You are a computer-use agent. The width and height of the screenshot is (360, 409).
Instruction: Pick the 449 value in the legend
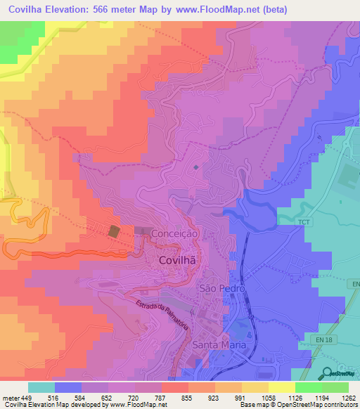(27, 398)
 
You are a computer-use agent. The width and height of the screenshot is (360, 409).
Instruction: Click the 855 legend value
(187, 398)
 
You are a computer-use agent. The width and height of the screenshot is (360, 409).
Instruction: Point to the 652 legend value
(107, 398)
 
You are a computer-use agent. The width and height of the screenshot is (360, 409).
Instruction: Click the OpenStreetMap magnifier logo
(328, 374)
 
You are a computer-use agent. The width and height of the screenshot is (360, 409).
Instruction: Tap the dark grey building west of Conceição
(115, 232)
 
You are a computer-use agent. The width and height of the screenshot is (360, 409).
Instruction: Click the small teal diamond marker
(195, 167)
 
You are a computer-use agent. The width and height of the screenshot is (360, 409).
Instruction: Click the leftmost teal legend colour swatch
(41, 387)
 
